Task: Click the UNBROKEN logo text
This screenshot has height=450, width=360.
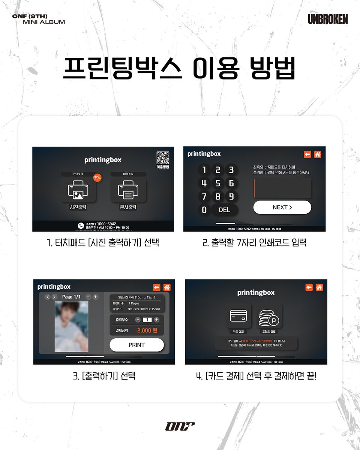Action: [x=327, y=19]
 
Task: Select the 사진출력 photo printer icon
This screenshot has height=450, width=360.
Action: [x=78, y=190]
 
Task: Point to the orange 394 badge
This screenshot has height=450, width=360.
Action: [x=97, y=177]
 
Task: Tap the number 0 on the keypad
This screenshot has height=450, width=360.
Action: [x=204, y=210]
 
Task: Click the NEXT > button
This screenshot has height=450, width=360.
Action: [x=282, y=207]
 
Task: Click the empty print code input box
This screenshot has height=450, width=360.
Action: [x=282, y=187]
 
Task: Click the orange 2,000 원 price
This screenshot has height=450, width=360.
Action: [x=149, y=330]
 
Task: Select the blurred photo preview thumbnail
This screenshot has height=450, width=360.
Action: [x=71, y=326]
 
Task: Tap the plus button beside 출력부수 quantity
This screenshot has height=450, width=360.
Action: [x=156, y=319]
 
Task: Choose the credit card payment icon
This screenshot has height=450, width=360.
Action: [x=238, y=316]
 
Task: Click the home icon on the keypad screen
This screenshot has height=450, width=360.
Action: [x=317, y=154]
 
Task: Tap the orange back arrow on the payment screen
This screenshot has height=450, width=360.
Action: [x=309, y=287]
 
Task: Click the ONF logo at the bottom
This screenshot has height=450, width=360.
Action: [x=180, y=426]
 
